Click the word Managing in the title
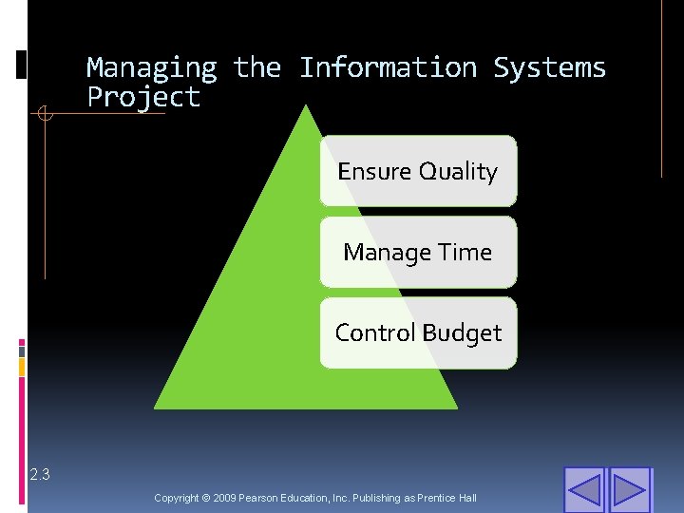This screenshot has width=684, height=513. tap(152, 68)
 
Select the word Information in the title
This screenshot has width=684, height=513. tap(388, 68)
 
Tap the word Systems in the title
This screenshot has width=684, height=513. tap(549, 68)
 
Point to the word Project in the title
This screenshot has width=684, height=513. tap(143, 97)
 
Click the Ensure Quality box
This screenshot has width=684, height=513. tap(418, 171)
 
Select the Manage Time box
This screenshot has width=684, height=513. tap(418, 252)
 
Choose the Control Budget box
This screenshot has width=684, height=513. tap(418, 332)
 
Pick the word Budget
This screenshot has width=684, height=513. tap(462, 332)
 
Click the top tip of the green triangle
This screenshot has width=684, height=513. tap(305, 106)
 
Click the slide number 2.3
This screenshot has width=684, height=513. tap(39, 474)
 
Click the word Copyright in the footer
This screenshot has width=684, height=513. tap(177, 498)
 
